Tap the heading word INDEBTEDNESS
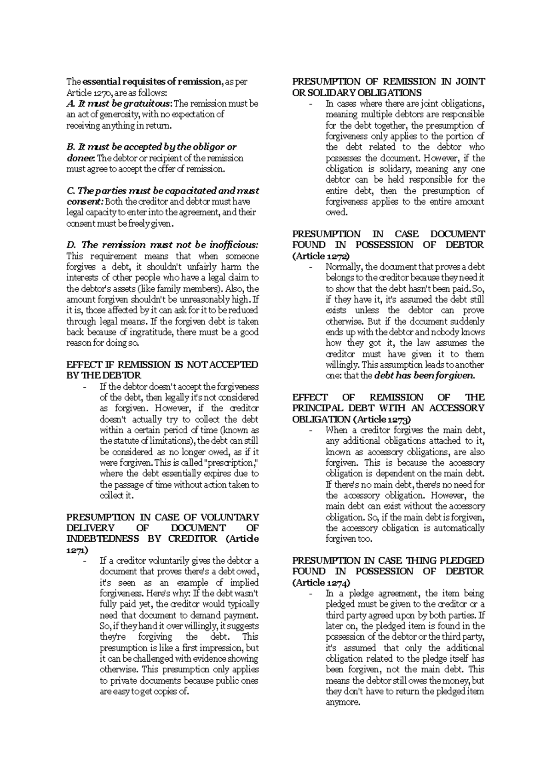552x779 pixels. click(103, 538)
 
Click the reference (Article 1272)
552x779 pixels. click(321, 256)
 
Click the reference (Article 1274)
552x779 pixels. click(321, 583)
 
